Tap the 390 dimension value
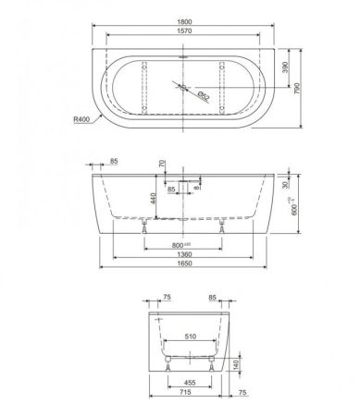coord(288,67)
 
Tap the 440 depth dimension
coord(152,197)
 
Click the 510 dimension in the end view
coord(192,336)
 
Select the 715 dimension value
coord(189,392)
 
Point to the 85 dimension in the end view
coord(213,299)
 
